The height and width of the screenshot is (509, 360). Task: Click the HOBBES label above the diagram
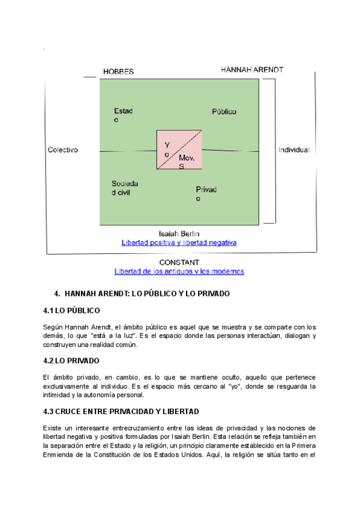click(x=118, y=71)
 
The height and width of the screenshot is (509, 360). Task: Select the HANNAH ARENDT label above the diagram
click(x=252, y=70)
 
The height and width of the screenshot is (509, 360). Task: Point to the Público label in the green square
click(x=224, y=112)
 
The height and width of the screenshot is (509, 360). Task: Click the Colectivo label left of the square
click(x=63, y=150)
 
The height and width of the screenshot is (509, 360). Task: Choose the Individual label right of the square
click(x=293, y=150)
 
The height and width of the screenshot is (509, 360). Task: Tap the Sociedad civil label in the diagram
click(x=125, y=188)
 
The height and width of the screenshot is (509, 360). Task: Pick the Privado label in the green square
click(x=206, y=194)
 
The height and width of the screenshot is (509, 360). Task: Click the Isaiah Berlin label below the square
click(x=179, y=233)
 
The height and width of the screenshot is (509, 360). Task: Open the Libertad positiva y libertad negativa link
click(x=179, y=242)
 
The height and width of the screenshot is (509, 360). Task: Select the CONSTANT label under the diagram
click(x=179, y=262)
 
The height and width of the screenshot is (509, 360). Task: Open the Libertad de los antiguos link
click(x=179, y=271)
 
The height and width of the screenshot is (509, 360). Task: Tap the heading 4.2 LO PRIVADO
click(x=71, y=361)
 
